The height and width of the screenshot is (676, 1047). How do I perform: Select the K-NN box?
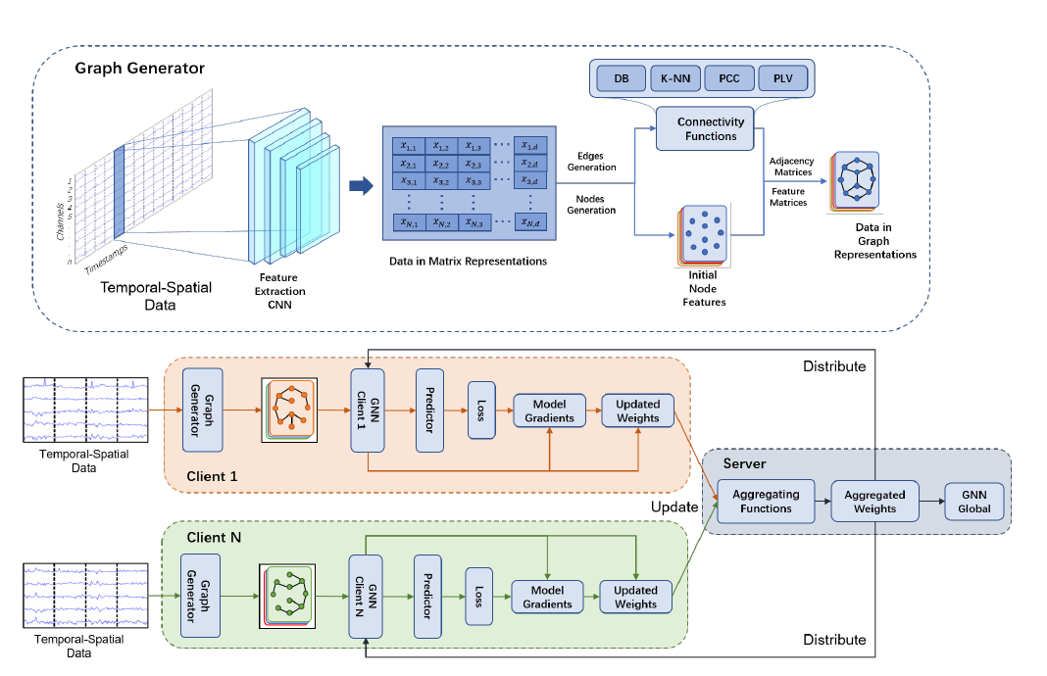pyautogui.click(x=674, y=78)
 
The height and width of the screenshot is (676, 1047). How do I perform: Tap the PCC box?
pyautogui.click(x=729, y=78)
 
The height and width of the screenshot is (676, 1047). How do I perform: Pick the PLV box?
pyautogui.click(x=784, y=78)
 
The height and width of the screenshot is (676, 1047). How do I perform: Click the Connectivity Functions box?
pyautogui.click(x=711, y=129)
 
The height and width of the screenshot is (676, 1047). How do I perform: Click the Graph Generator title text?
pyautogui.click(x=140, y=69)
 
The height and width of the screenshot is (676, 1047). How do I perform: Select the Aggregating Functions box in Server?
pyautogui.click(x=766, y=502)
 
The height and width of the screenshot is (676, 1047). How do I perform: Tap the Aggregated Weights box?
pyautogui.click(x=874, y=502)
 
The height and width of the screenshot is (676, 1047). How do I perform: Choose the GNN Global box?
pyautogui.click(x=974, y=502)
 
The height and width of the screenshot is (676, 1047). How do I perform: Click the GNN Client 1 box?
pyautogui.click(x=366, y=410)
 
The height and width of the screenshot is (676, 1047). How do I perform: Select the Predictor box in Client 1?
pyautogui.click(x=429, y=410)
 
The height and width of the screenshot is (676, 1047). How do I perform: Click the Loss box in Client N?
pyautogui.click(x=479, y=596)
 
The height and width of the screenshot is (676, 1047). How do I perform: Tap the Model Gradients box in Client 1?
pyautogui.click(x=549, y=410)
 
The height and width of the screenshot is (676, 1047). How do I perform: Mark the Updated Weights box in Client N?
pyautogui.click(x=635, y=597)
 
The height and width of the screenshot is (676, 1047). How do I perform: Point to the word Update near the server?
pyautogui.click(x=674, y=507)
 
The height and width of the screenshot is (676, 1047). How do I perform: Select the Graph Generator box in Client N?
pyautogui.click(x=201, y=596)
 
